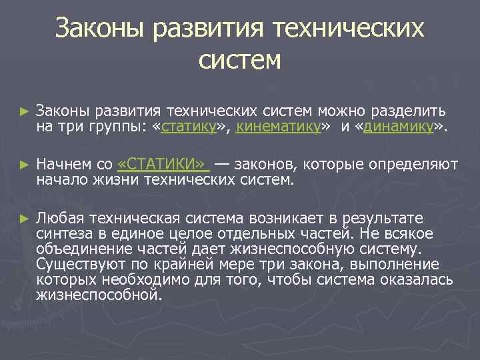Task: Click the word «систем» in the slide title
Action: [x=240, y=61]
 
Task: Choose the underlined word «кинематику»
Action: [x=277, y=127]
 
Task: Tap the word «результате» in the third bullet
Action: [x=385, y=219]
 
